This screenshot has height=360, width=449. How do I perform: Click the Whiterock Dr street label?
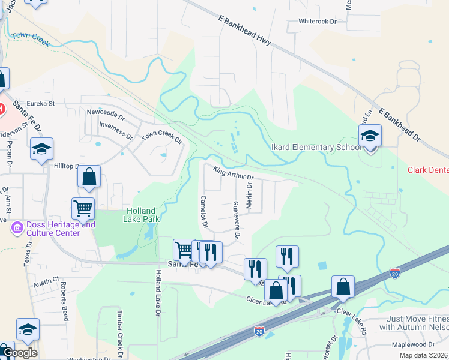[x=318, y=21]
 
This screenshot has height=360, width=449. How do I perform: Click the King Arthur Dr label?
[x=234, y=173]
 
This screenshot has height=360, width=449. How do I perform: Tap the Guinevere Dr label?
[x=236, y=220]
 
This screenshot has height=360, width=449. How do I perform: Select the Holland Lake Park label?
[x=140, y=215]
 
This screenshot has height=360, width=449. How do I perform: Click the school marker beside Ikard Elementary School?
[x=370, y=136]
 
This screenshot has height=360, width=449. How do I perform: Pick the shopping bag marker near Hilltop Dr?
[x=89, y=177]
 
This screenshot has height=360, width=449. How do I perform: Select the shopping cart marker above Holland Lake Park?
[x=83, y=209]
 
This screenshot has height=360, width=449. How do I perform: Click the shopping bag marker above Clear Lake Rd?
[x=343, y=287]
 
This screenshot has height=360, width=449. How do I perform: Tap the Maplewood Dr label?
[x=413, y=344]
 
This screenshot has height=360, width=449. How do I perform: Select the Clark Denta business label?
[x=428, y=170]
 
